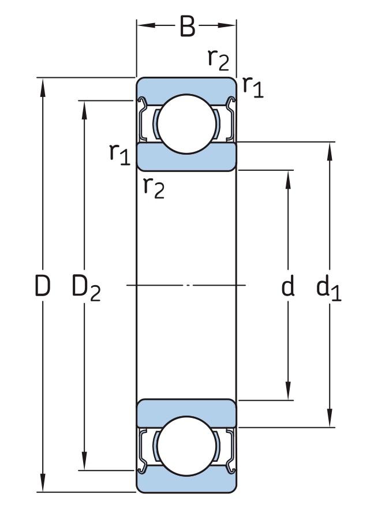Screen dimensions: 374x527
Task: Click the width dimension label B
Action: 187,26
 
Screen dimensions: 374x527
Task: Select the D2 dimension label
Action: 86,287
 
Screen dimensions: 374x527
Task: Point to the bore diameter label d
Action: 287,286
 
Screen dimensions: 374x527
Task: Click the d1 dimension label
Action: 328,288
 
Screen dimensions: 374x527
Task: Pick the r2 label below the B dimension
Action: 218,60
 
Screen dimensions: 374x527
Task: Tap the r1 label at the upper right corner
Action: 253,87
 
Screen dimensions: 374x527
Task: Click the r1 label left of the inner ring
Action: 119,154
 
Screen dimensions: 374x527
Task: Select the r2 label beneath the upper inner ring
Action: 154,188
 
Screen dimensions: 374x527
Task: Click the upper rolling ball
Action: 187,124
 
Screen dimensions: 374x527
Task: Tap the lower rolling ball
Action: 187,446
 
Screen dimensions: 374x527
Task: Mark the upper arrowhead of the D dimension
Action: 43,88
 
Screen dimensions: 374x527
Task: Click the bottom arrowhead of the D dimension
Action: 43,482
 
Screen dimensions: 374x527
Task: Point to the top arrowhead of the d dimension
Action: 288,180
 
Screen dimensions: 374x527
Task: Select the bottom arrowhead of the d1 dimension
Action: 330,417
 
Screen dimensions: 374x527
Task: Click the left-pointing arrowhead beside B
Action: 147,25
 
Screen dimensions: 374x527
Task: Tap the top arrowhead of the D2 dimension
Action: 84,110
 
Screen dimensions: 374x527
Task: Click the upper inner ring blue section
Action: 187,158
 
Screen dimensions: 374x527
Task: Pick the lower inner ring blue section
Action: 187,413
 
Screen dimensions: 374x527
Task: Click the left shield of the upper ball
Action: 143,119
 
